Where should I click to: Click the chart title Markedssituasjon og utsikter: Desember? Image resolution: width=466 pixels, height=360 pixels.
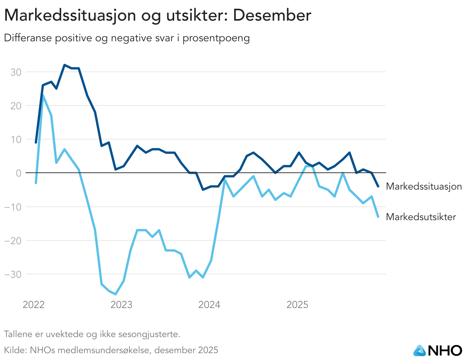157,16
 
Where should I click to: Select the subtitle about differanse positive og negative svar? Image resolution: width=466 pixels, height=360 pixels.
126,38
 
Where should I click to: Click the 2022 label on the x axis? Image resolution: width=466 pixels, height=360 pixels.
34,305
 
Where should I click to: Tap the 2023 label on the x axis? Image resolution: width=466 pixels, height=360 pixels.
121,305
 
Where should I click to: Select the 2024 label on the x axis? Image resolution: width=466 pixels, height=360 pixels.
209,305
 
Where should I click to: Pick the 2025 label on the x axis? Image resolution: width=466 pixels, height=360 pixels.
297,305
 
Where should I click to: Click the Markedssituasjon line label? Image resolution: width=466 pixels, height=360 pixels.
424,186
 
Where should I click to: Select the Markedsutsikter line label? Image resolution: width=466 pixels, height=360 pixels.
421,217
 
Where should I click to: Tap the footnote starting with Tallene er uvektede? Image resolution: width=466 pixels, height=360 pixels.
92,334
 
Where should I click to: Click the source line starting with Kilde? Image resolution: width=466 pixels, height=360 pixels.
111,350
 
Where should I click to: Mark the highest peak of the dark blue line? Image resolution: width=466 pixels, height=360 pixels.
65,65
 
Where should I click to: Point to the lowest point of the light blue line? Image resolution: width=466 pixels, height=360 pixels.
115,294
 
